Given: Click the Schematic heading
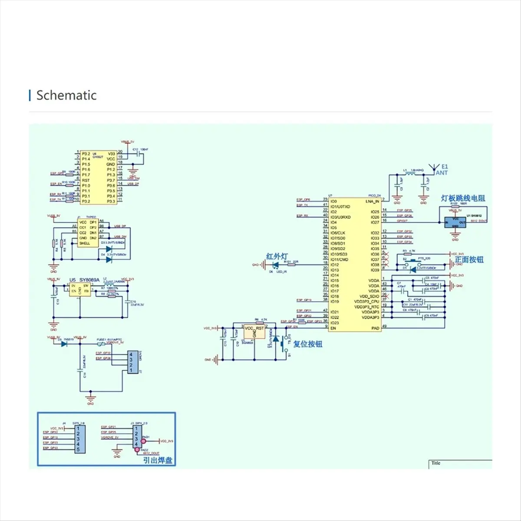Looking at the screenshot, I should pos(66,96).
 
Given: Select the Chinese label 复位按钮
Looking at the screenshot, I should pos(308,344).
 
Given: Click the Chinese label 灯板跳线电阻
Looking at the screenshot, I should pos(463,198).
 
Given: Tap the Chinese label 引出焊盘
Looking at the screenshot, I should pos(158,460).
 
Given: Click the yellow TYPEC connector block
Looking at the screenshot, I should pos(88,233).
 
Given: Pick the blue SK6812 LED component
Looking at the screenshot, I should pos(455,222).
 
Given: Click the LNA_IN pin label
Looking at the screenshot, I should pos(372,201).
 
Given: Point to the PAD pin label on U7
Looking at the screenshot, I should pos(375,328).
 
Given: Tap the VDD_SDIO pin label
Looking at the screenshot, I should pos(369,296).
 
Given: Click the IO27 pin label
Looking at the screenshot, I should pos(375,222).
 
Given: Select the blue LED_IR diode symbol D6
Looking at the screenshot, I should pos(275,264).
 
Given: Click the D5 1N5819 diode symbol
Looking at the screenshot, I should pos(64,344).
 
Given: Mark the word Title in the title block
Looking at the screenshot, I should pos(436,463).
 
